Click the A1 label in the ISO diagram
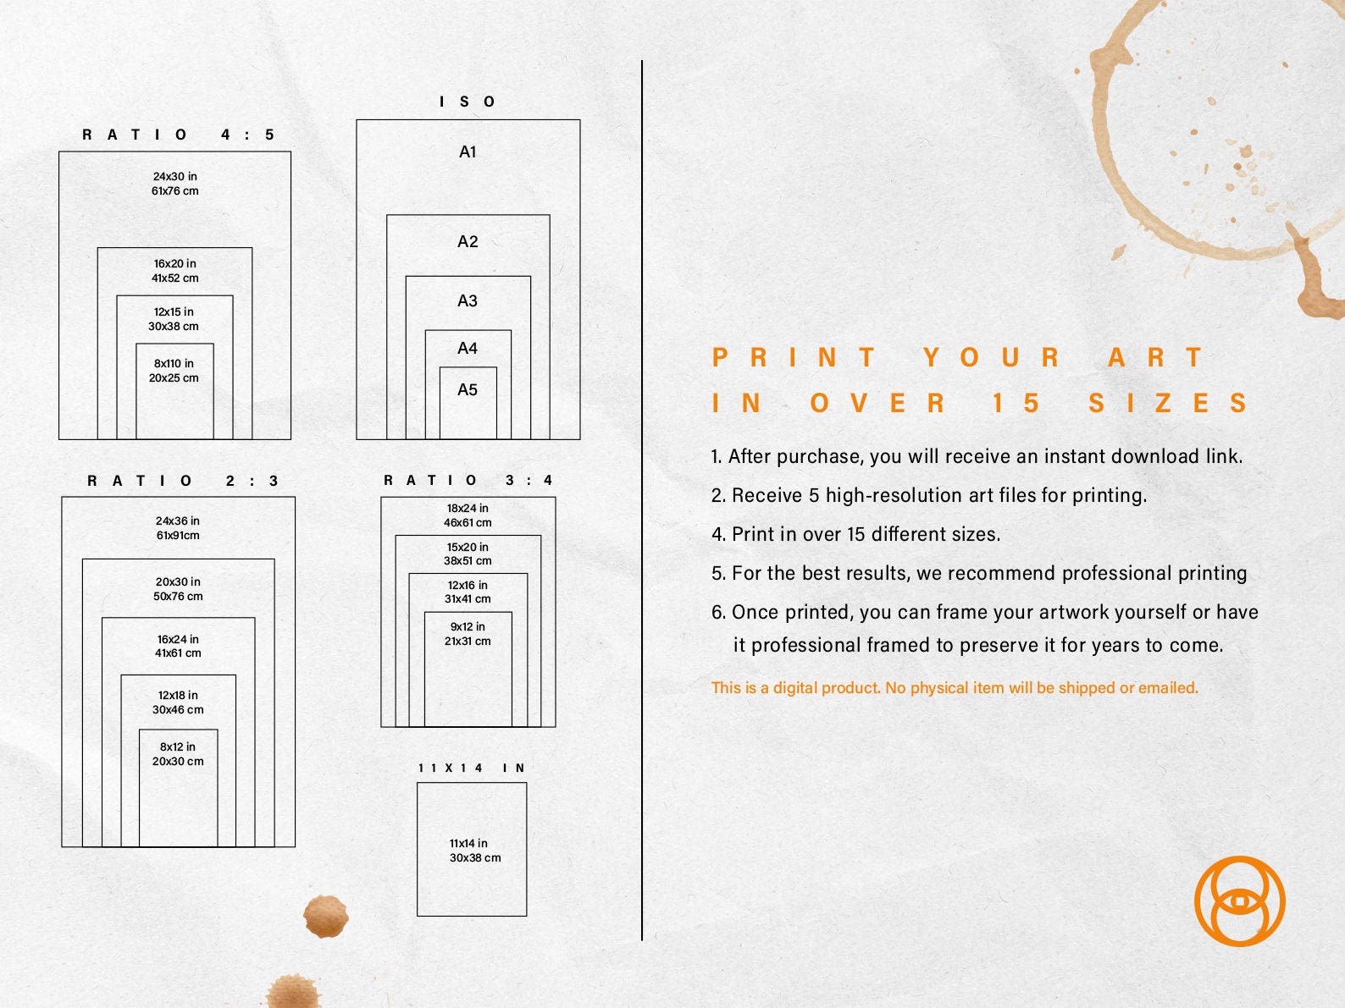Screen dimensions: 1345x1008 tap(468, 151)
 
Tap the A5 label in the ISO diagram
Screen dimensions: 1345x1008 tap(468, 390)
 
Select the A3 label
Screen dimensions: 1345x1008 tap(468, 300)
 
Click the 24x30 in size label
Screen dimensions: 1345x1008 tap(175, 176)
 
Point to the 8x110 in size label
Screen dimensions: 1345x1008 tap(174, 364)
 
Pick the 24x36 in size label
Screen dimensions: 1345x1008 tap(178, 521)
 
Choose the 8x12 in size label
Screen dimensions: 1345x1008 tap(178, 746)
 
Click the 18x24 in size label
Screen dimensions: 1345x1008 tap(468, 508)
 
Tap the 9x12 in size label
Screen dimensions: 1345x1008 tap(468, 626)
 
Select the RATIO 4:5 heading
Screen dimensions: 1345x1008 tap(179, 135)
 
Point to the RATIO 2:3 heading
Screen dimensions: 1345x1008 tap(183, 481)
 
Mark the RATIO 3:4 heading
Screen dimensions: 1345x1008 tap(468, 481)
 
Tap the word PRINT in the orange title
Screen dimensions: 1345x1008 tap(794, 357)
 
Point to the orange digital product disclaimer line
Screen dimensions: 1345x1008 tap(955, 688)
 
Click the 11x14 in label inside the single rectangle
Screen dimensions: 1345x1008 tap(468, 843)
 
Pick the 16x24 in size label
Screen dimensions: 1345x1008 tap(178, 639)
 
